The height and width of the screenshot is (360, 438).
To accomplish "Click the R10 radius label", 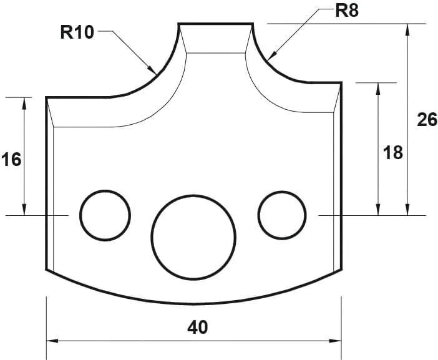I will click(x=77, y=32).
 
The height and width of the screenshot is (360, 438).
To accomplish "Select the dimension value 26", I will click(x=427, y=119).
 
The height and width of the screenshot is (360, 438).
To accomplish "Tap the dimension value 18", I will click(x=393, y=152).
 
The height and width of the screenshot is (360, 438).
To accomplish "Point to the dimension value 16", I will click(x=11, y=160).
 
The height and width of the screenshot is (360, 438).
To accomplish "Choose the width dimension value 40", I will click(x=198, y=326).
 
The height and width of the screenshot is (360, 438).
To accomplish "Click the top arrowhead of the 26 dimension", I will click(x=407, y=26).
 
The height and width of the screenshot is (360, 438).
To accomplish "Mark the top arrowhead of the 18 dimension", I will click(x=378, y=84).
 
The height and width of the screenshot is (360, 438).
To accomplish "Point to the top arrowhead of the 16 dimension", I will click(x=24, y=99).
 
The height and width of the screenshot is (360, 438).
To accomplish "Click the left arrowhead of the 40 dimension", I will click(x=49, y=341).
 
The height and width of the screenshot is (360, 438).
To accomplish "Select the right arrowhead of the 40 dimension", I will click(x=340, y=341).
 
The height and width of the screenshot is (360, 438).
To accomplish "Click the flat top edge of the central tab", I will click(x=215, y=24).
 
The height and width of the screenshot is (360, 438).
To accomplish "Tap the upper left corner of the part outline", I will click(x=47, y=97).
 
